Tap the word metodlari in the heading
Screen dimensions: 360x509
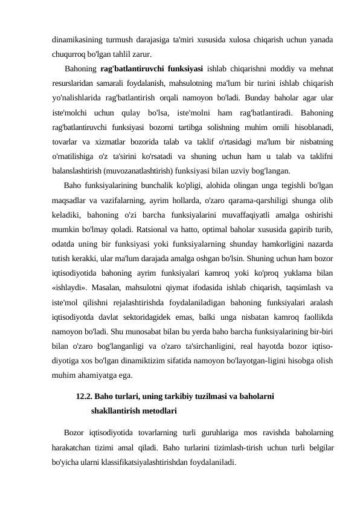click(158, 412)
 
